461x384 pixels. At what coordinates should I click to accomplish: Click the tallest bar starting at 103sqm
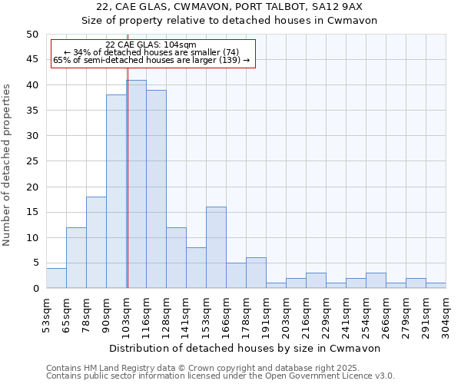[136, 184]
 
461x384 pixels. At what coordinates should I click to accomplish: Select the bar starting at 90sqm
[116, 192]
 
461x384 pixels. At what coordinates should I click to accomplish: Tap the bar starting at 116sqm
[156, 189]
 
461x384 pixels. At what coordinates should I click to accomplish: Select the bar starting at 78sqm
[96, 243]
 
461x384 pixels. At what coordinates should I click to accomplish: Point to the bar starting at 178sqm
[256, 273]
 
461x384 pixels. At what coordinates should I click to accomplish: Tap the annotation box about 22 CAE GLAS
[151, 53]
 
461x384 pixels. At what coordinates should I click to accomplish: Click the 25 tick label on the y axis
[32, 161]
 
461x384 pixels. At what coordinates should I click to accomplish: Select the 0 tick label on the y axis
[35, 289]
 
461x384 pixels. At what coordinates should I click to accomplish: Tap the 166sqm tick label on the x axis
[226, 313]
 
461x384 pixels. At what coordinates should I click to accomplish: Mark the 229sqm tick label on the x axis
[326, 313]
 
